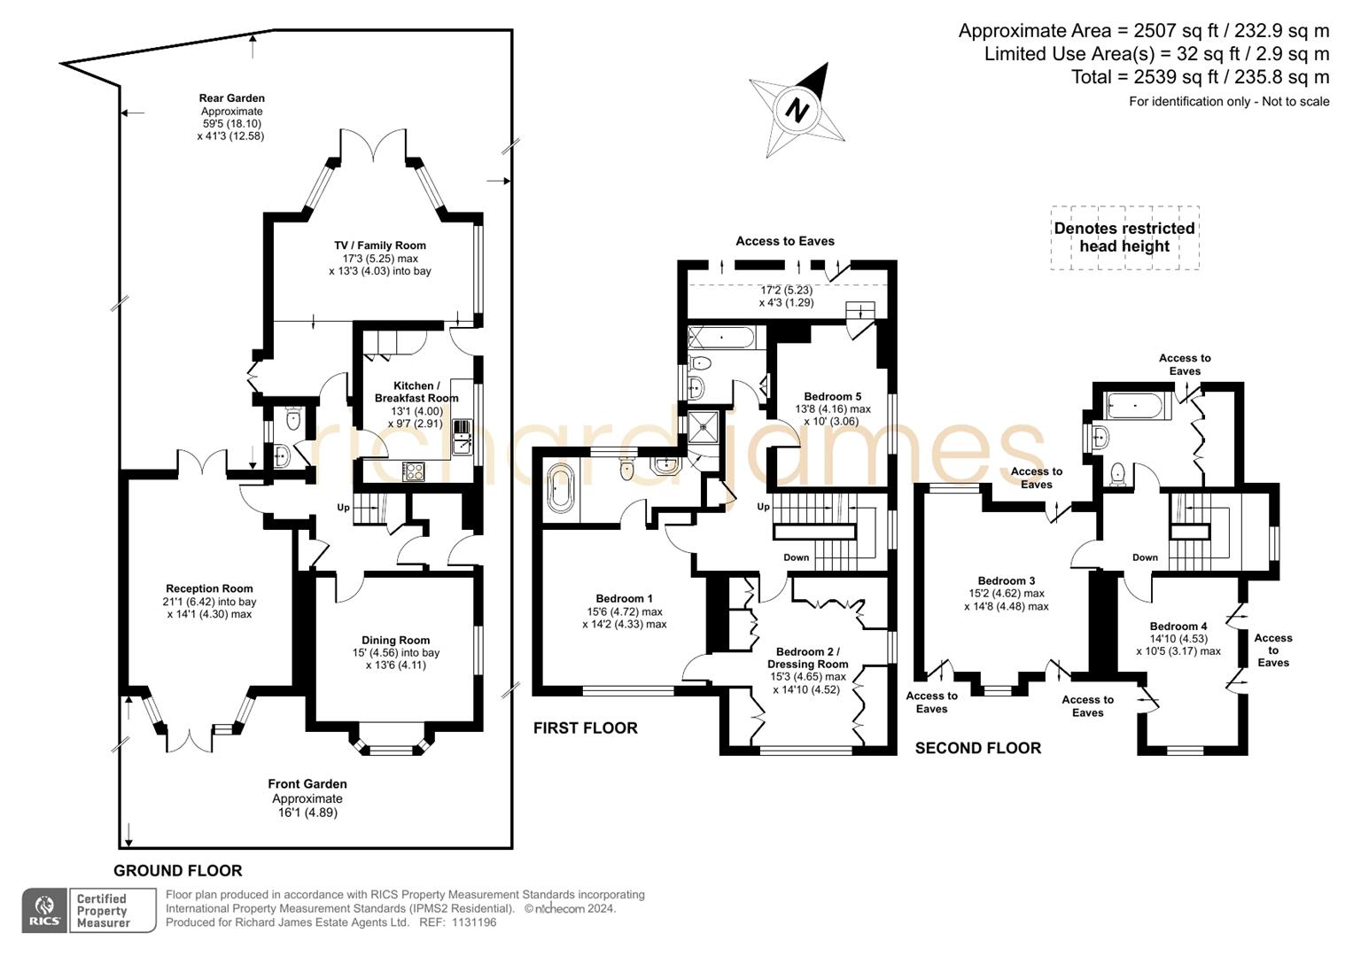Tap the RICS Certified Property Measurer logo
coord(89,910)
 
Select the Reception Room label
coord(210,588)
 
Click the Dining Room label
coord(395,640)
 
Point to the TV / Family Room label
coord(379,245)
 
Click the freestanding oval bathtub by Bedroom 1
coord(561,488)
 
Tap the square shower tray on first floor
coord(706,425)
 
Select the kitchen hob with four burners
coord(413,471)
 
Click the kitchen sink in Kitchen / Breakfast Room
coord(462,436)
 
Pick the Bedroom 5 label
coord(832,397)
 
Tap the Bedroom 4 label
coord(1178,626)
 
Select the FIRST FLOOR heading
coord(585,728)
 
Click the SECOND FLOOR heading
coord(977,749)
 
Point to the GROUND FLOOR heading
coord(177,871)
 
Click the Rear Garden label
coord(231,98)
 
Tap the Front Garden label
coord(307,784)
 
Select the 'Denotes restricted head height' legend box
coord(1124,237)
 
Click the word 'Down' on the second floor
coord(1145,557)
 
